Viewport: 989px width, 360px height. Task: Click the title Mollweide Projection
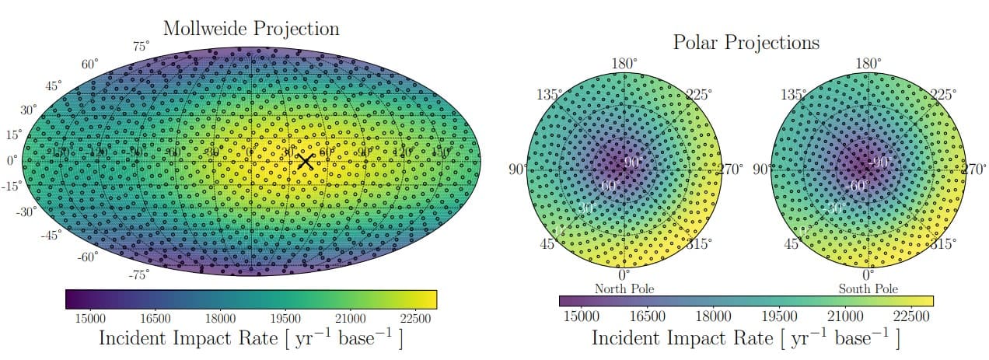(251, 29)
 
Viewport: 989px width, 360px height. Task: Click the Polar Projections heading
(746, 42)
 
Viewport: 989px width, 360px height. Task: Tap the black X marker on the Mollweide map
(306, 161)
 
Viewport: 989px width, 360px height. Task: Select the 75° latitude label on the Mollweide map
(141, 47)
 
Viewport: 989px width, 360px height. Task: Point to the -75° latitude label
(138, 274)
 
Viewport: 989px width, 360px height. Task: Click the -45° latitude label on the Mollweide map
(51, 235)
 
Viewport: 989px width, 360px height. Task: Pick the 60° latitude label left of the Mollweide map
(90, 64)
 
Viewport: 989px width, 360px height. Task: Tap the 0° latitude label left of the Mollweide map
(12, 161)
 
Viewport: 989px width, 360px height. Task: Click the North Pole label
(624, 289)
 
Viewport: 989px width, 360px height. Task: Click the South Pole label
(868, 289)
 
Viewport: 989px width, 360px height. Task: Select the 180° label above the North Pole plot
(624, 64)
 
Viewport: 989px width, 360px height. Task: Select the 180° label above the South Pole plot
(868, 64)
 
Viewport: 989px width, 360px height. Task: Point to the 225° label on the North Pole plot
(697, 96)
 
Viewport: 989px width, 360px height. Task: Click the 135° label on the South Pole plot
(792, 95)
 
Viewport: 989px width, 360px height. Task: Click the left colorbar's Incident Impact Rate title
(250, 339)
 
